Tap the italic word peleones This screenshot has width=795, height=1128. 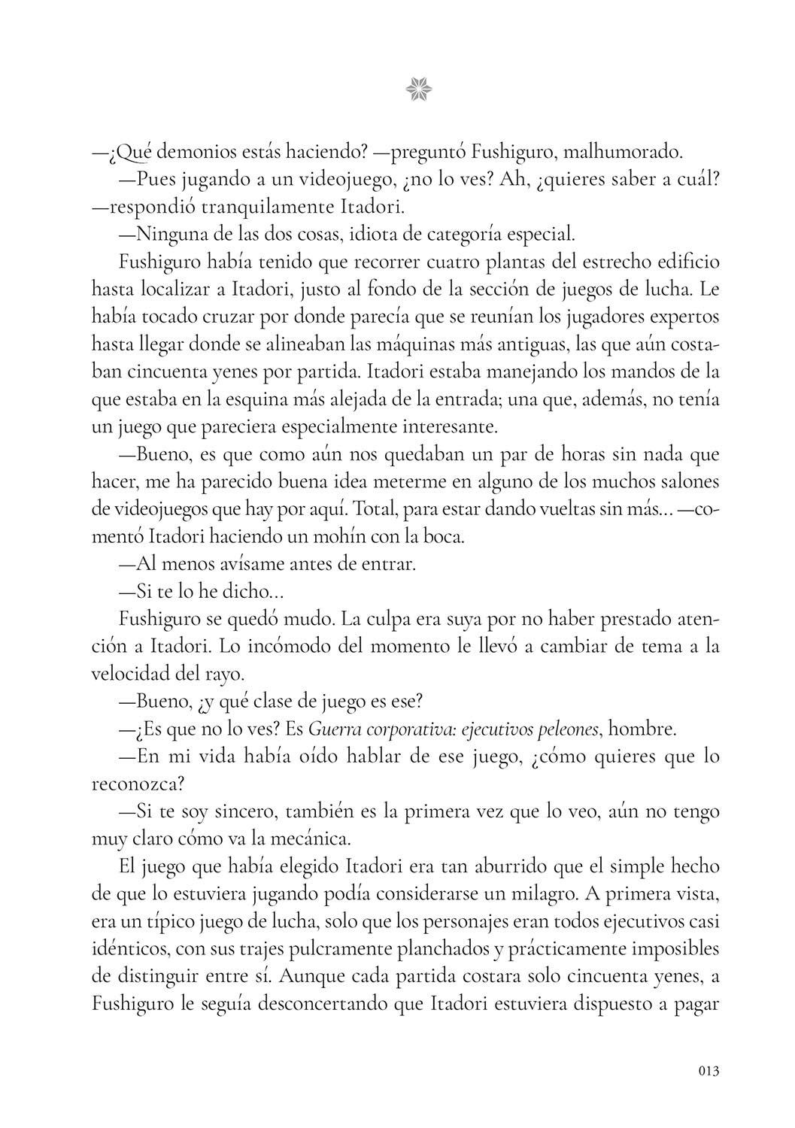tap(563, 728)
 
